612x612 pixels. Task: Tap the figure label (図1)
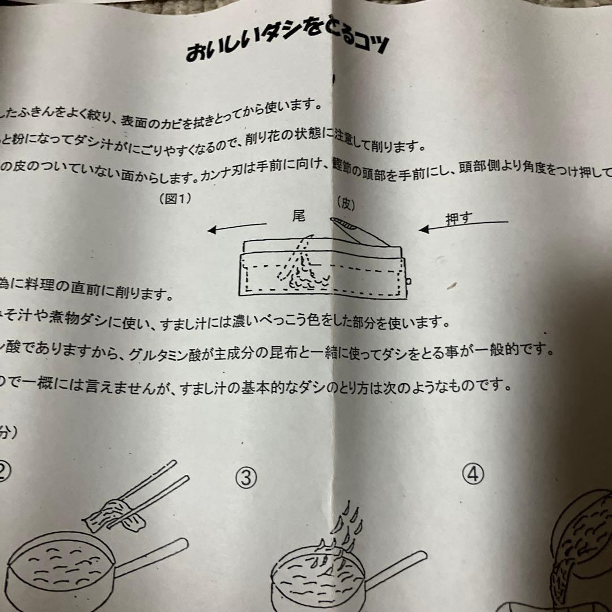(176, 198)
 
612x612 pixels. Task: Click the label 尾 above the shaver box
(299, 216)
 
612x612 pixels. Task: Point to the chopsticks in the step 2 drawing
(142, 504)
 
